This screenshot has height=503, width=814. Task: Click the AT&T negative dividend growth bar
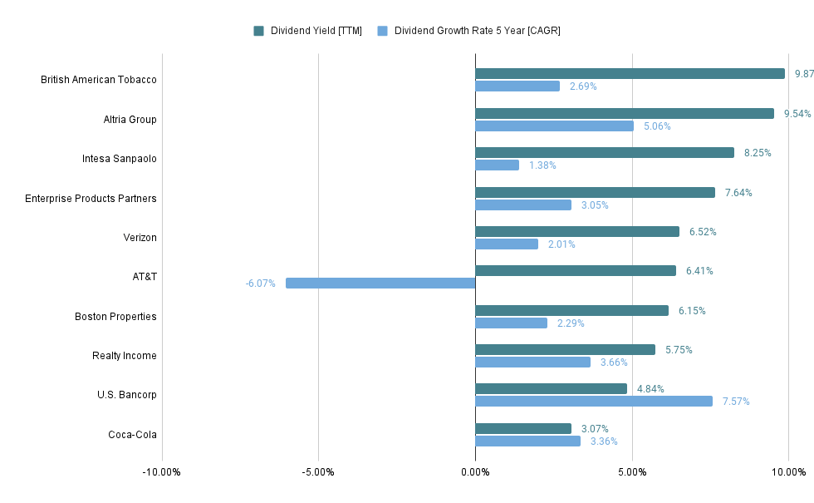point(380,284)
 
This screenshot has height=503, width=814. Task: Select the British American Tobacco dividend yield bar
point(630,74)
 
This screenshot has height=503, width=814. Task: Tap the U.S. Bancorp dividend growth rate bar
point(594,402)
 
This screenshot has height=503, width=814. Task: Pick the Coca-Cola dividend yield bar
point(523,429)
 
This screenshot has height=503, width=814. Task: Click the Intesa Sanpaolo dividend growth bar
point(497,165)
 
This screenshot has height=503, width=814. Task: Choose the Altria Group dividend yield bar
point(625,113)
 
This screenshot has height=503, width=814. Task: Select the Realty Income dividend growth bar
point(532,362)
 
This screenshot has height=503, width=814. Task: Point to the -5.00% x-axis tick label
point(318,472)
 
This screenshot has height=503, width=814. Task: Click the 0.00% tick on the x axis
point(475,472)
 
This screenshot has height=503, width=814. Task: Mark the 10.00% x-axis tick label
point(788,472)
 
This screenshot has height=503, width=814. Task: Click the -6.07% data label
point(260,284)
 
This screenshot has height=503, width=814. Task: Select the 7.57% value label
point(736,402)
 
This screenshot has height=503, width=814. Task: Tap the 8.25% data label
point(758,153)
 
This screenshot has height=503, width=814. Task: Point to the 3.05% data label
point(595,205)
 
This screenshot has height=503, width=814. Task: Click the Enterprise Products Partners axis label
point(91,199)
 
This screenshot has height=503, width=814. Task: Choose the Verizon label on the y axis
point(140,238)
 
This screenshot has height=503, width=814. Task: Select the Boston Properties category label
point(115,317)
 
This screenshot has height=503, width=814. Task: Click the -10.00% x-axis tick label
point(161,472)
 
